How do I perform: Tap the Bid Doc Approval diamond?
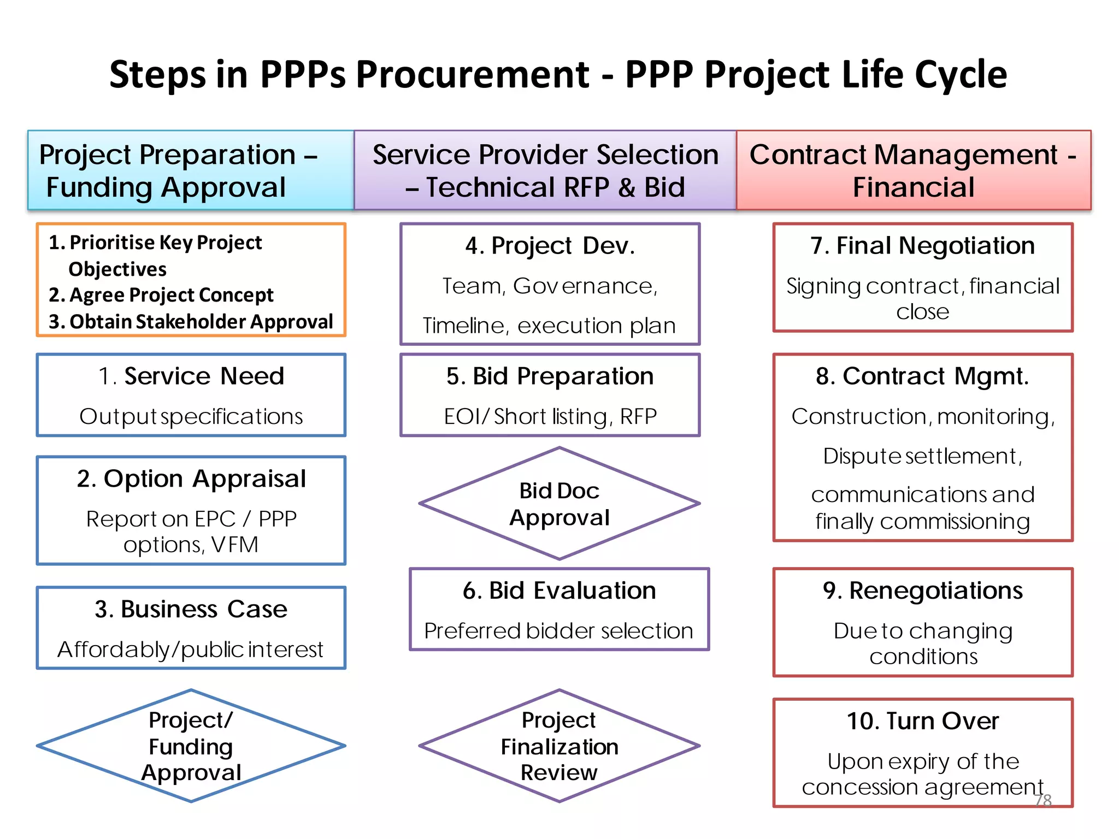point(559,504)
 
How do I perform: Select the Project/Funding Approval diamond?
point(191,746)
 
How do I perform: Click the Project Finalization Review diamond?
point(559,746)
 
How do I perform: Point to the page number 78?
point(1043,800)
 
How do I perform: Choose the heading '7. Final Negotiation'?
point(922,246)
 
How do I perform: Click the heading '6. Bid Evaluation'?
point(559,590)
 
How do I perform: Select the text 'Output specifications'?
point(191,417)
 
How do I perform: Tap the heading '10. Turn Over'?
point(922,721)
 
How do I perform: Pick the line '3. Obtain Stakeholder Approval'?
point(191,322)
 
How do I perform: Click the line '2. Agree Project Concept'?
point(161,295)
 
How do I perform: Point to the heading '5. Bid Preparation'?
point(550,376)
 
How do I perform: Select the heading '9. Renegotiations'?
point(922,590)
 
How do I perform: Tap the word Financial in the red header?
point(914,187)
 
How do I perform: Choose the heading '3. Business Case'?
point(191,609)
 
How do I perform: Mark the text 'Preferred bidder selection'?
point(559,631)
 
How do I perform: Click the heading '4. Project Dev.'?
point(550,246)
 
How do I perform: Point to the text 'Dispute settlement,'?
point(922,456)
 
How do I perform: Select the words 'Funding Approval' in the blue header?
point(166,187)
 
